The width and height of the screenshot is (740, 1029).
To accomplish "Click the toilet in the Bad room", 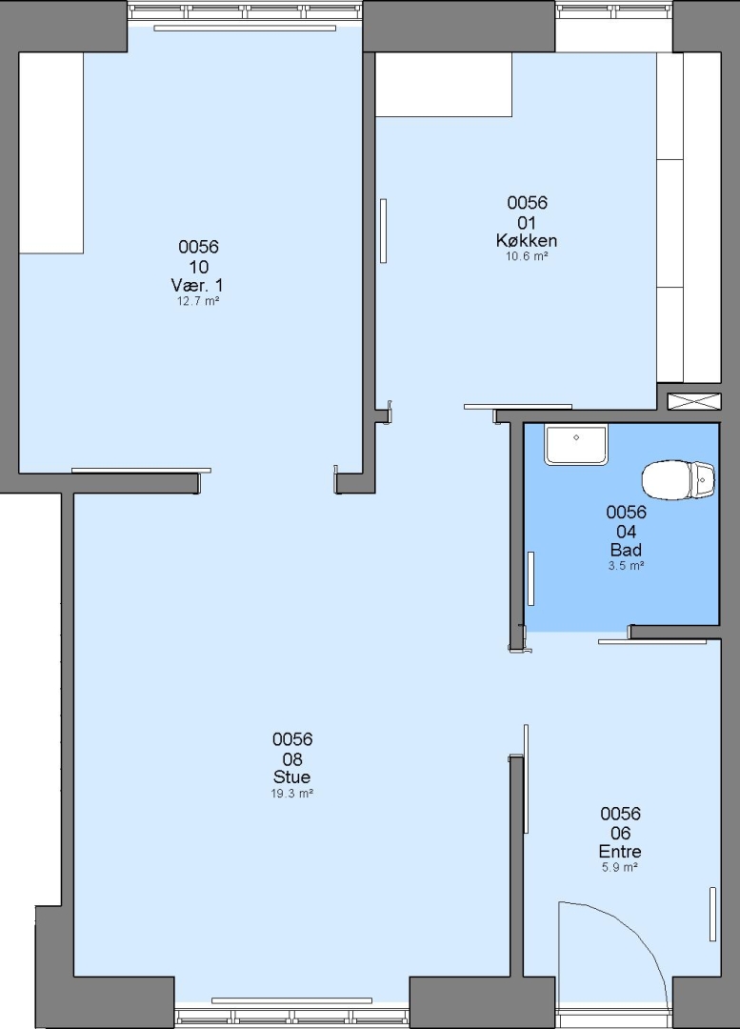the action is point(678,479).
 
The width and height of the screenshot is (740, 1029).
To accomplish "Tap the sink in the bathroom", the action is point(576,444).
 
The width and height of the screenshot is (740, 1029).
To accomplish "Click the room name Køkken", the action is point(527,241).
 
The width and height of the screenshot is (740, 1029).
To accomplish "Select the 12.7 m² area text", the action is point(197,301).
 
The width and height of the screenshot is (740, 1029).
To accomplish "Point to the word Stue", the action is point(292,777).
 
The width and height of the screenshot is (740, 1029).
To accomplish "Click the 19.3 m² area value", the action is point(292,794).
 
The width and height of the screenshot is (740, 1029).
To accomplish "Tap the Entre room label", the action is point(620,851).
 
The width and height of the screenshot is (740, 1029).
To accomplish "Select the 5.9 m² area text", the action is point(620,868).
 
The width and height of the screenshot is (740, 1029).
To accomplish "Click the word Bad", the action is point(626,550).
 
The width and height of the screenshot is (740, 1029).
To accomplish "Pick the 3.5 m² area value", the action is point(626,566).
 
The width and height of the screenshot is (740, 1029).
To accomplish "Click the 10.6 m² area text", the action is point(527,256).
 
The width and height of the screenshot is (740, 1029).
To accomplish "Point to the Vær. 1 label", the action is point(197,286).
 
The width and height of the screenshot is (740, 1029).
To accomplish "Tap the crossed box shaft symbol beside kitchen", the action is point(694,402).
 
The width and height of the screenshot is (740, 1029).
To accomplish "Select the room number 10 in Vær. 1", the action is point(199,267).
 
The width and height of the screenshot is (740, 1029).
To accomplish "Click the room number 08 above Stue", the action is point(292,758).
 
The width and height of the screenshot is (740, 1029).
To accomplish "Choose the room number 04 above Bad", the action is point(626,532).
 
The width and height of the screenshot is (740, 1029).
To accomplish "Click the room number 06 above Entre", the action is point(621,833).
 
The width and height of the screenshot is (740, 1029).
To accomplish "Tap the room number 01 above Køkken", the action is point(527,222).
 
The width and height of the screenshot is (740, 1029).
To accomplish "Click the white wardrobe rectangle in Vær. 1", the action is point(51,152).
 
